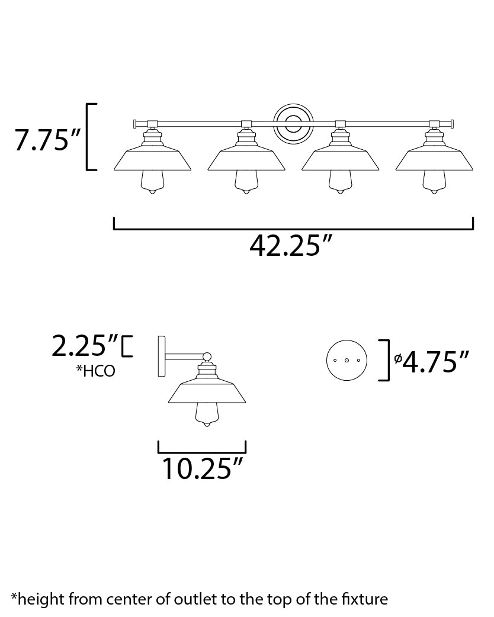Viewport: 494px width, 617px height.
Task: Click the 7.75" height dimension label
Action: coord(47,140)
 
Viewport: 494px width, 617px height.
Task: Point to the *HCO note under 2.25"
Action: coord(95,371)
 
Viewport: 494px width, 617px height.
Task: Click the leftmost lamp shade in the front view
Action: coord(152,159)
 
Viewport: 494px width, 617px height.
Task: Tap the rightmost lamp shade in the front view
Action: coord(434,159)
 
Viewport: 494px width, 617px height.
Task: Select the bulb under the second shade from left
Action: coord(246,182)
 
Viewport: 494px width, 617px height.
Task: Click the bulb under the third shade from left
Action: coord(340,182)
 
